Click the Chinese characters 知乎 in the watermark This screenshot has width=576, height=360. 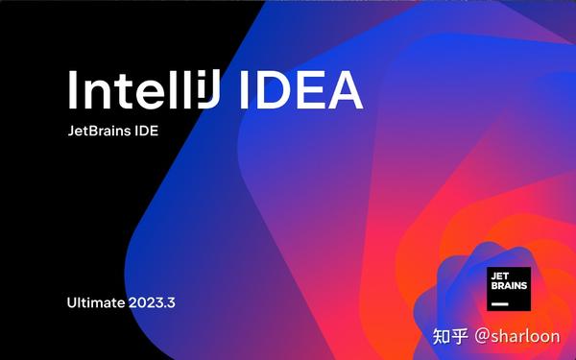pos(450,336)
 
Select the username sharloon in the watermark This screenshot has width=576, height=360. pos(527,336)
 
